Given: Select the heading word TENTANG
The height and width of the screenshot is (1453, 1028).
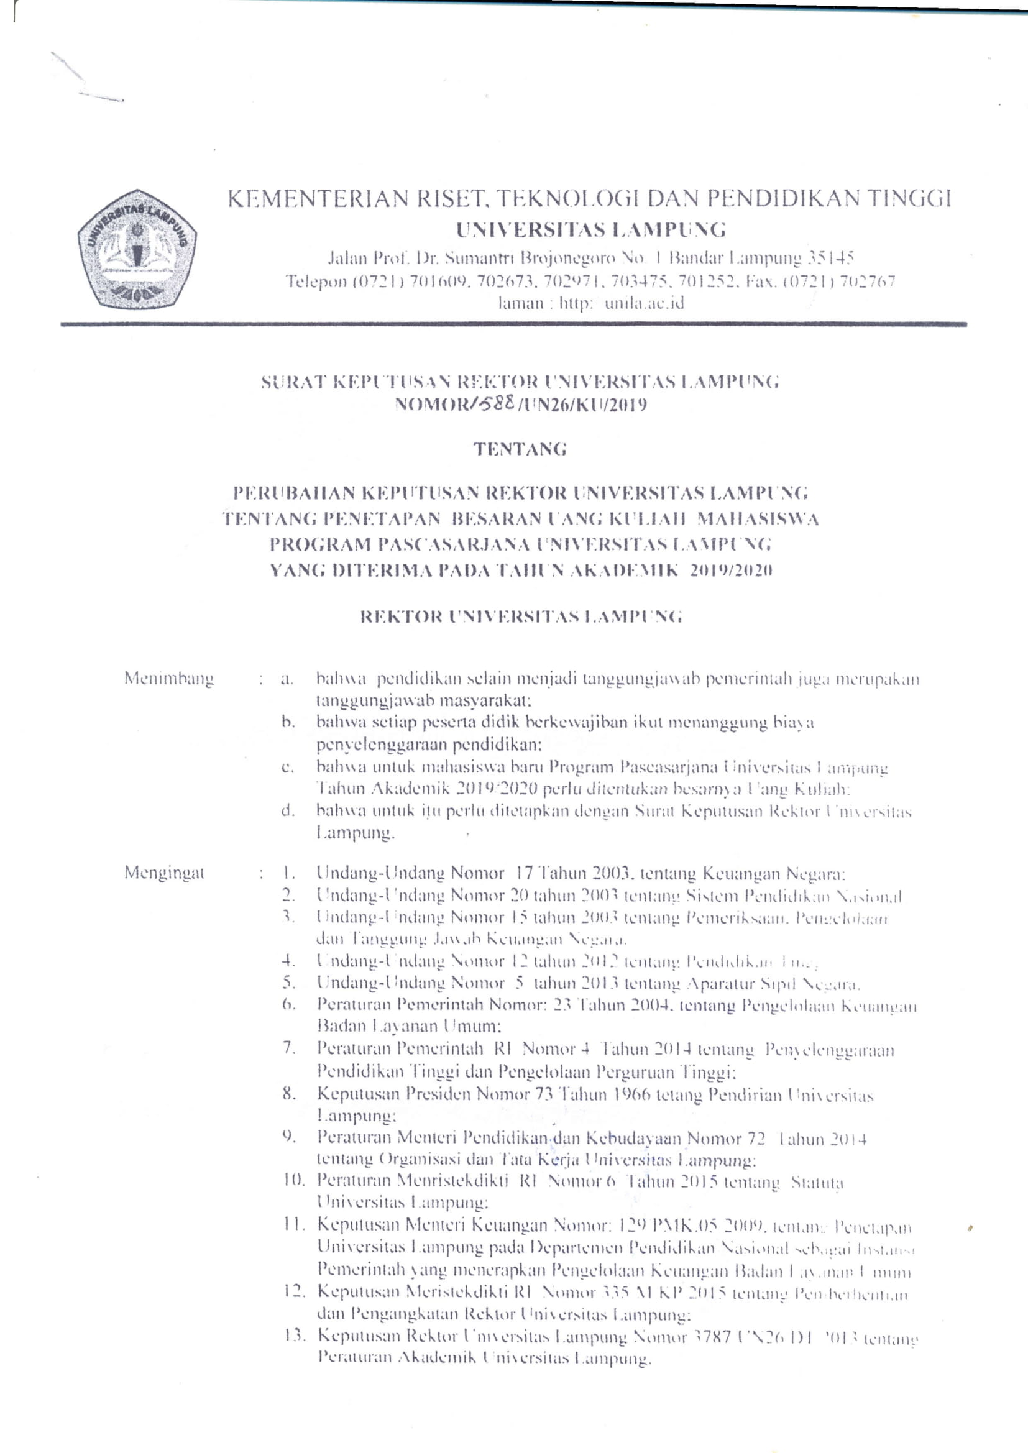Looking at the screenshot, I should pyautogui.click(x=520, y=449).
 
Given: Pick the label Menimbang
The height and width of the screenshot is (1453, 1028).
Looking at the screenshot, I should pyautogui.click(x=169, y=679).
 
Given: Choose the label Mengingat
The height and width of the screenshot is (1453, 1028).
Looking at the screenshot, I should pyautogui.click(x=165, y=873).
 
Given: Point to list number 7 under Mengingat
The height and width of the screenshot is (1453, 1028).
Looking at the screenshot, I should pyautogui.click(x=289, y=1048).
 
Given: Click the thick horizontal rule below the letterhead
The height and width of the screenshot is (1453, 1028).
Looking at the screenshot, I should pyautogui.click(x=513, y=324).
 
